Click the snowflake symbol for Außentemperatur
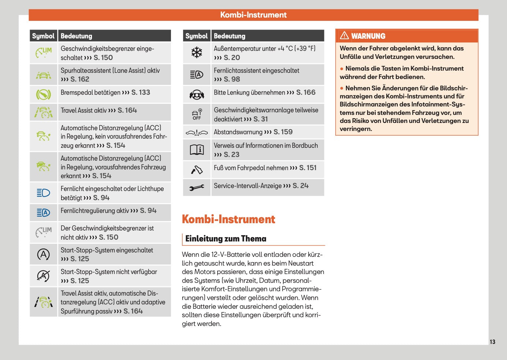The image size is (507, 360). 197,53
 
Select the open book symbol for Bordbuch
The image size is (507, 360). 197,150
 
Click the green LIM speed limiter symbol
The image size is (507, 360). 44,53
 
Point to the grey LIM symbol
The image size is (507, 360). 44,232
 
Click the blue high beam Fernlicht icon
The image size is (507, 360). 44,193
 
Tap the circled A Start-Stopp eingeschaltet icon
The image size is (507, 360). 44,254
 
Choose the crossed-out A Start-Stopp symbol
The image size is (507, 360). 44,276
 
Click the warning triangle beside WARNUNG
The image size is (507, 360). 344,35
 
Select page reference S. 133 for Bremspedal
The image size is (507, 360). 141,93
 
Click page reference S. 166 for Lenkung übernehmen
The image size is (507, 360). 306,93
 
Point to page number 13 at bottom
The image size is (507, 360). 492,342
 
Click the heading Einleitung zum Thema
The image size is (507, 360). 226,239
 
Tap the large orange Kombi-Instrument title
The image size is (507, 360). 228,219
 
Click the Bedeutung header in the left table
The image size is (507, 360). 77,36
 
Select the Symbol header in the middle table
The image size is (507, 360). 197,36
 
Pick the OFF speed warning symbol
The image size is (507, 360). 197,114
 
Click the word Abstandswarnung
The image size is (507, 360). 238,132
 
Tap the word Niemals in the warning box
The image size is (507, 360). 357,68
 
